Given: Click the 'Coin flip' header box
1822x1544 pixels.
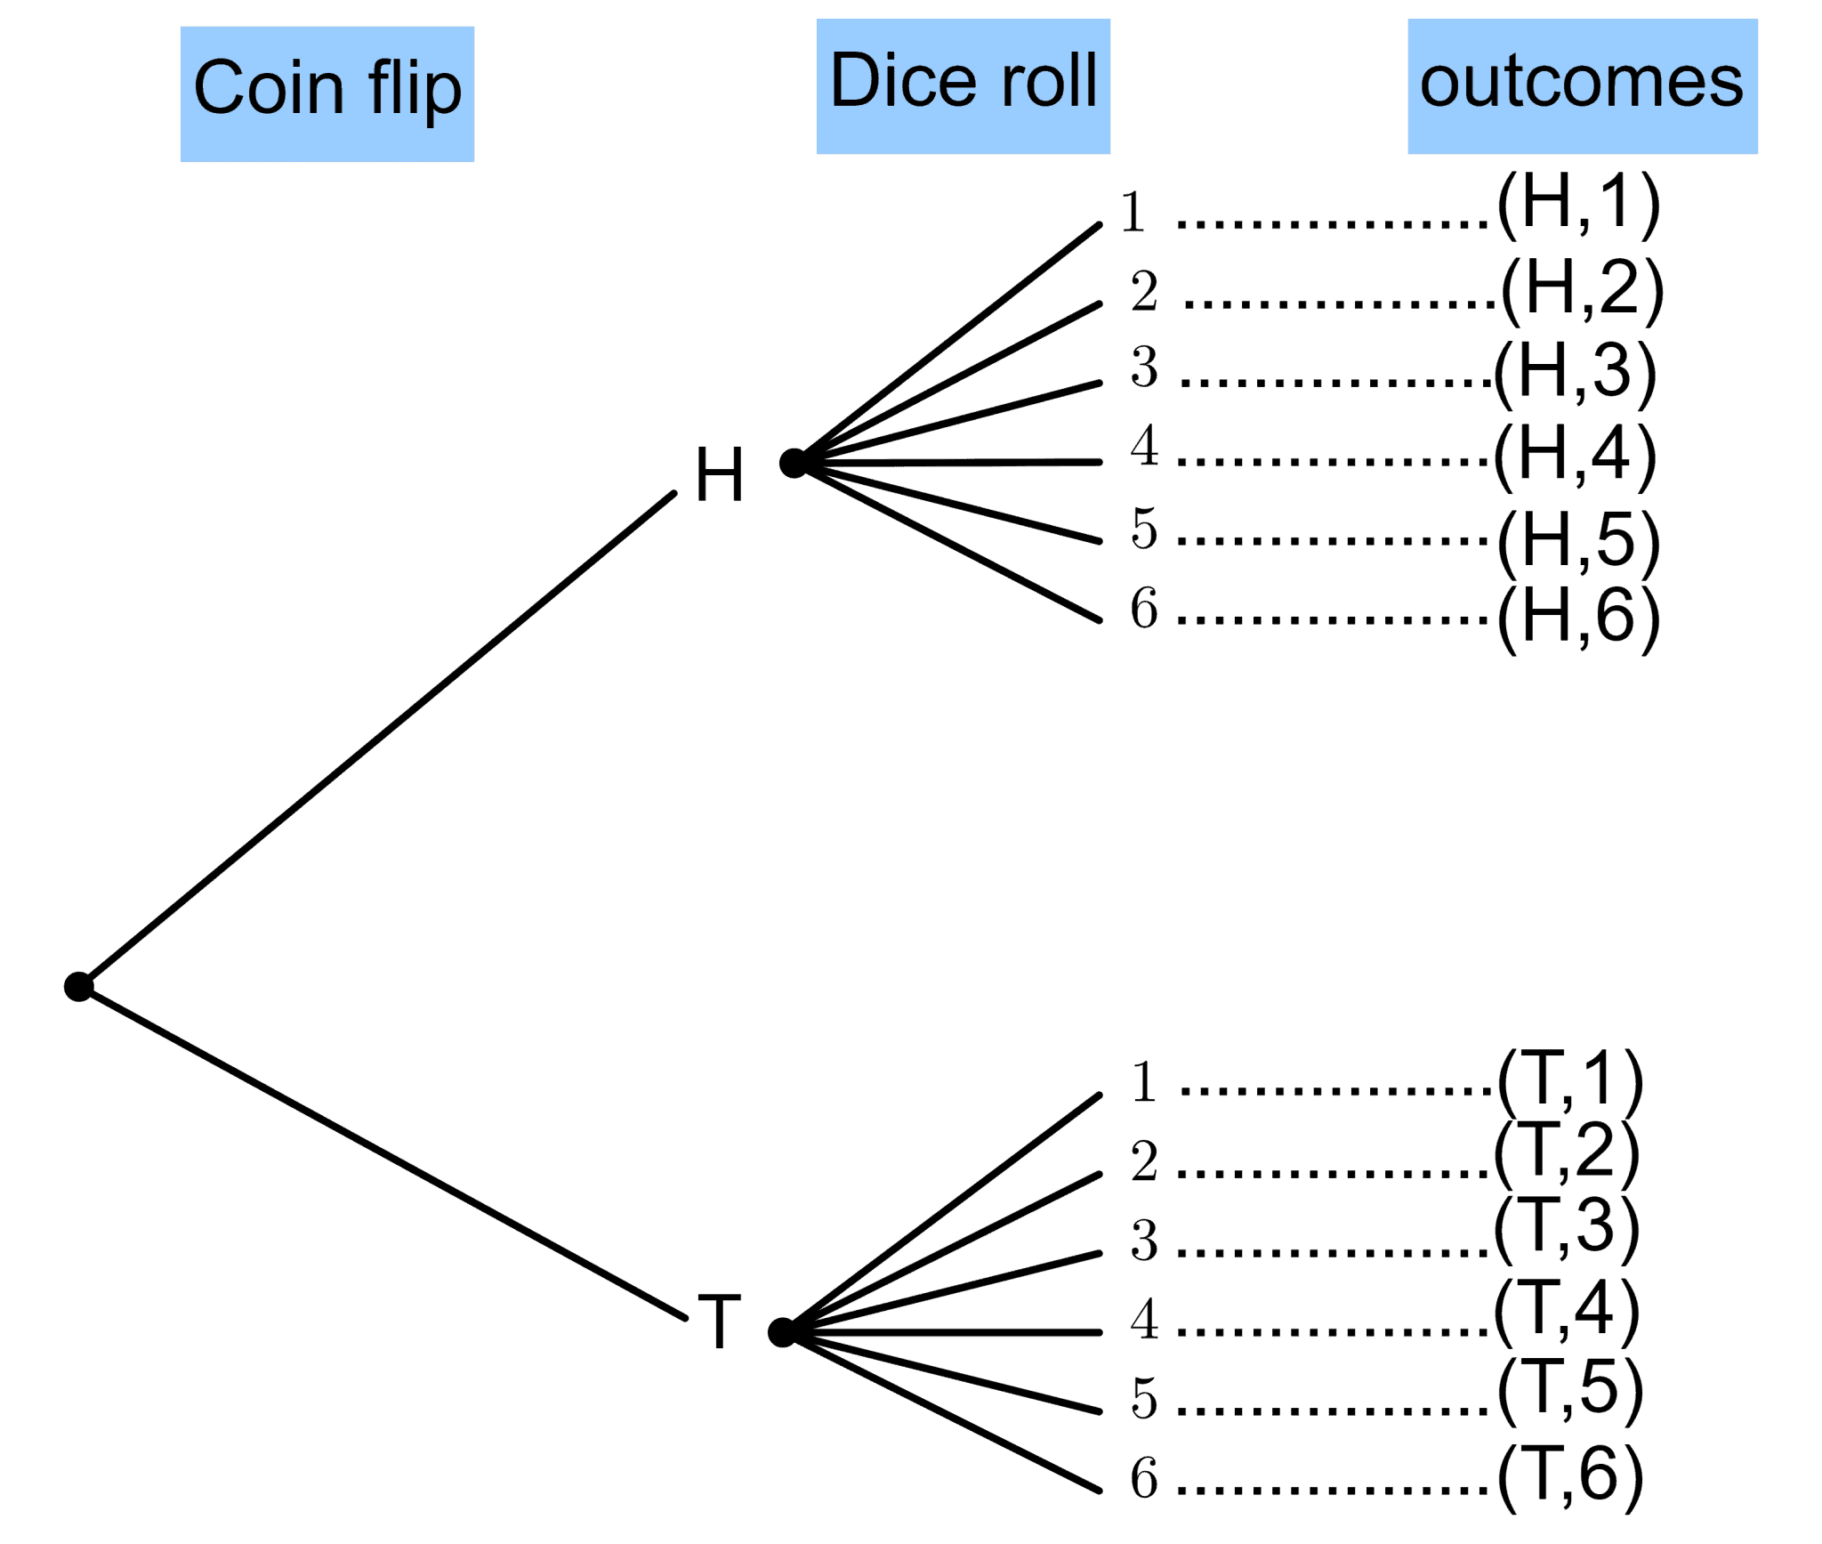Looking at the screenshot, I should [x=327, y=93].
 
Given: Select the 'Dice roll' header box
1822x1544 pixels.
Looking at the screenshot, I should [x=963, y=85].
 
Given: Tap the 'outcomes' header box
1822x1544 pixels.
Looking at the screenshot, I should [x=1581, y=85].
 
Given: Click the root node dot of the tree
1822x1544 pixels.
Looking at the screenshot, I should [x=79, y=986].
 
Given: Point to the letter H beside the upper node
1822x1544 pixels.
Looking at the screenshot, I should [x=719, y=475].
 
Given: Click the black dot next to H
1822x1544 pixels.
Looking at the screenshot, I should [x=793, y=463].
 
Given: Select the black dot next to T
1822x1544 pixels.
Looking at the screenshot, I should [x=782, y=1332].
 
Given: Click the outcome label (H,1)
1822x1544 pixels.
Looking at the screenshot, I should [x=1578, y=205].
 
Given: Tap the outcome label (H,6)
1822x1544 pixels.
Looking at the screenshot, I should [x=1578, y=618].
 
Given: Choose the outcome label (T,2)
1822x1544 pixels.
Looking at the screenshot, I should [x=1566, y=1152].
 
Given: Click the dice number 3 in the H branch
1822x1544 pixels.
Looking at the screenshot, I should [x=1144, y=367].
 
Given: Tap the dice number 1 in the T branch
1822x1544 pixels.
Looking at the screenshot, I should [x=1144, y=1083].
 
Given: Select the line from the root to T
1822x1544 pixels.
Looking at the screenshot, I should [x=383, y=1154].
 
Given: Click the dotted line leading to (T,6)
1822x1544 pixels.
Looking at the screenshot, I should [x=1333, y=1489].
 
